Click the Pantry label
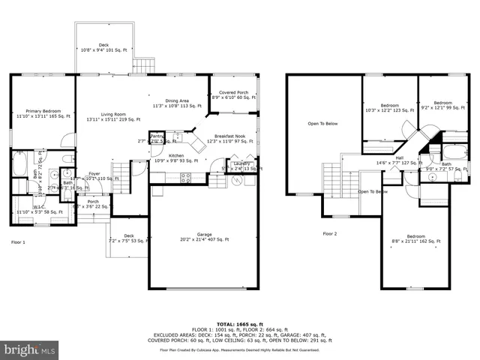157,136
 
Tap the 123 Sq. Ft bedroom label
388,107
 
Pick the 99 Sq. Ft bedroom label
442,105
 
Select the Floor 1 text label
18,242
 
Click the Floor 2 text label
330,234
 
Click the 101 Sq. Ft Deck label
104,47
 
